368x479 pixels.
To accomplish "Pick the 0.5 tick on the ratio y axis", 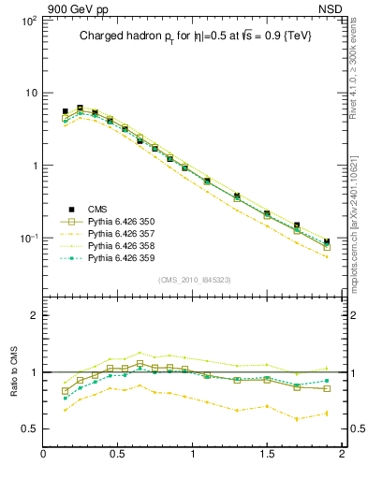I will (x=30, y=428).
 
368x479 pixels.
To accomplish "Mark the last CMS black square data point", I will (x=327, y=241).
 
